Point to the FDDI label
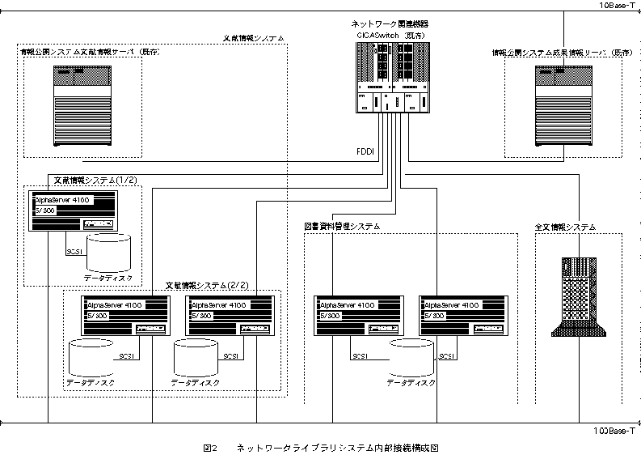click(x=365, y=151)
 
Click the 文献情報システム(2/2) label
click(x=206, y=285)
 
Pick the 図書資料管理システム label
click(x=342, y=227)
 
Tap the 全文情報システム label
click(x=565, y=227)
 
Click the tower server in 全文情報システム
click(x=578, y=295)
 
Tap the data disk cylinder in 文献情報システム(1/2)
click(x=108, y=252)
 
